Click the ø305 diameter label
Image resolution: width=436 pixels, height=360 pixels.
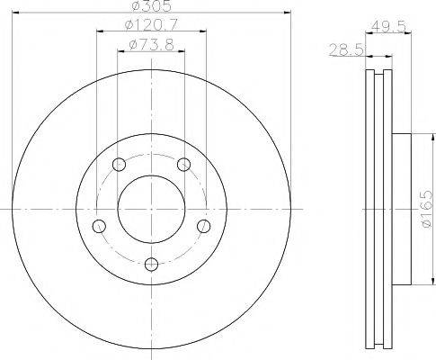pos(152,6)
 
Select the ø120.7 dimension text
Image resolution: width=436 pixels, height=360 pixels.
pos(151,24)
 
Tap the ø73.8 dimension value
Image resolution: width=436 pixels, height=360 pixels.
pos(152,45)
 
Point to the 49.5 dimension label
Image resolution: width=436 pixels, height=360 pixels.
pos(388,26)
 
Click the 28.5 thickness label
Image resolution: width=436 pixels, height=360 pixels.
pos(346,49)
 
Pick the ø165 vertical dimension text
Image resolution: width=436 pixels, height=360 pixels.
pos(427,208)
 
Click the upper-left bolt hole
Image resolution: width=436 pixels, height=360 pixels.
pos(119,164)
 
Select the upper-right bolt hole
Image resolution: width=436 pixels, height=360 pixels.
pos(183,164)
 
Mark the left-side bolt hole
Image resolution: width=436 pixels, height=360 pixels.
pos(99,226)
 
